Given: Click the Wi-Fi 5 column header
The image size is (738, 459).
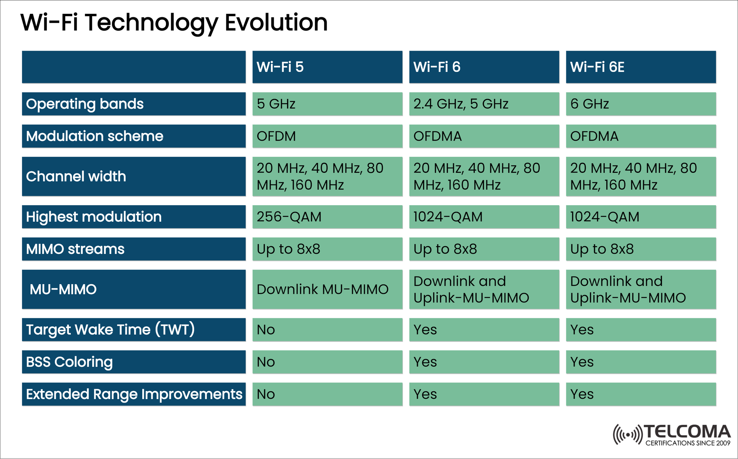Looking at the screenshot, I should tap(327, 67).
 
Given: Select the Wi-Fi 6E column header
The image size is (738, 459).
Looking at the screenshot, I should tap(641, 67).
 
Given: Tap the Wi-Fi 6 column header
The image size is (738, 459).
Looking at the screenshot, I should tap(484, 67).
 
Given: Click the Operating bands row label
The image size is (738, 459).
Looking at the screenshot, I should tap(133, 104).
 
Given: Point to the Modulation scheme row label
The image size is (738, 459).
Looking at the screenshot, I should tap(133, 136).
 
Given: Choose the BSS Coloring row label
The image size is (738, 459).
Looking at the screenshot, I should tap(133, 362).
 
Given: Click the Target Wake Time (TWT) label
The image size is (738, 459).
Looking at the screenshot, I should tap(133, 330).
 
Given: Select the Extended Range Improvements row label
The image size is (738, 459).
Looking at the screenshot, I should tap(133, 394).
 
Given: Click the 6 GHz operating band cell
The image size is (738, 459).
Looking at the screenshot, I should tap(641, 104).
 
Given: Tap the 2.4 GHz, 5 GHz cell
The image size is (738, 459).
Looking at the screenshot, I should tap(484, 104).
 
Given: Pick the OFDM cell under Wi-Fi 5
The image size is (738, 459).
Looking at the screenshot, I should tap(327, 136).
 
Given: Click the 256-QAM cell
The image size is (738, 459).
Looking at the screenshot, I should tap(327, 217).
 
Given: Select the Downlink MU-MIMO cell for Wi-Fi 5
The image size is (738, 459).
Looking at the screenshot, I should tap(327, 289).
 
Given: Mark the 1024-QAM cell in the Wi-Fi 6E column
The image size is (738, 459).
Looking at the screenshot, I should tap(641, 217).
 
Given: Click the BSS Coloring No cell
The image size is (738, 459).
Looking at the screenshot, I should tap(327, 362).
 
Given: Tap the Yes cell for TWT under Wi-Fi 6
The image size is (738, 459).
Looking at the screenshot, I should tap(484, 330).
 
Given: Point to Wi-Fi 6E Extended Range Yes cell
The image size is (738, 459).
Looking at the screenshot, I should tap(641, 394).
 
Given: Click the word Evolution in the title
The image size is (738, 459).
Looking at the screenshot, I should tap(276, 22).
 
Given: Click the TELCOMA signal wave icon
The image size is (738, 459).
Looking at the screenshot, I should tap(627, 435).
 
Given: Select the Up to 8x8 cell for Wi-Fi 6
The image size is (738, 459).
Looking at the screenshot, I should tap(484, 249).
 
